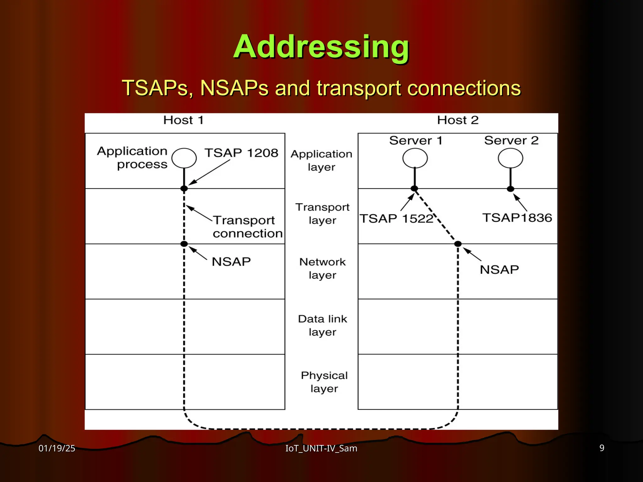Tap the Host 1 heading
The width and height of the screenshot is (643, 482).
[183, 120]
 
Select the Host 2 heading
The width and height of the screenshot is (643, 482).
[457, 120]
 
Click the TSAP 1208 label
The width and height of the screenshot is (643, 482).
[241, 153]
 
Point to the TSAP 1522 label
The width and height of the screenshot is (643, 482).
[396, 218]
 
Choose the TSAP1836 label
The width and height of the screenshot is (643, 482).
[517, 218]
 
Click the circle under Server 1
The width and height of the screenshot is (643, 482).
[415, 158]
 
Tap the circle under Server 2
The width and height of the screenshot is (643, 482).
[510, 158]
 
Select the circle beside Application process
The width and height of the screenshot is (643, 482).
[184, 158]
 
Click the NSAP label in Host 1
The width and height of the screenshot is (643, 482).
[231, 262]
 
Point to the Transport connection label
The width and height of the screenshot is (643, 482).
[247, 227]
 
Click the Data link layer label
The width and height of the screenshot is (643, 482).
[322, 325]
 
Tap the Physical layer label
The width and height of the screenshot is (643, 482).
[324, 382]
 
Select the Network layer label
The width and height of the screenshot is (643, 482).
[322, 268]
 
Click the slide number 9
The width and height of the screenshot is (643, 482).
[602, 448]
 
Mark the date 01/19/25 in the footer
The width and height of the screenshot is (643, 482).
[57, 448]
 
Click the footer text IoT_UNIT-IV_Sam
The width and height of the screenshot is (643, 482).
[321, 448]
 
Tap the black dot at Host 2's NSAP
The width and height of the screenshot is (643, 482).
[458, 244]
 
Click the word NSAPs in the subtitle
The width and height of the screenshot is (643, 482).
[234, 88]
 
